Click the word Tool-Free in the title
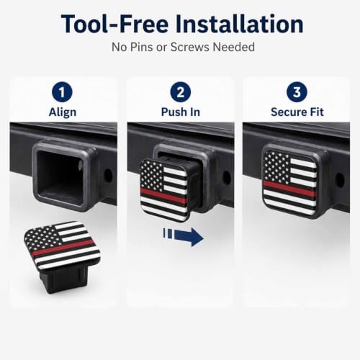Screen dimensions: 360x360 (114, 24)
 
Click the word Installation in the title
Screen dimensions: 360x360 (239, 24)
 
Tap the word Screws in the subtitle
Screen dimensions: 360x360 (190, 47)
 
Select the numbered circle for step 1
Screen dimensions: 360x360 (62, 92)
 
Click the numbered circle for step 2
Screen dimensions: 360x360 (181, 92)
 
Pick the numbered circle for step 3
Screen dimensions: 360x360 (297, 92)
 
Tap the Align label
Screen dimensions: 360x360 (63, 112)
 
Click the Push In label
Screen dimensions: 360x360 (181, 112)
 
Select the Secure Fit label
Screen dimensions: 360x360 (297, 112)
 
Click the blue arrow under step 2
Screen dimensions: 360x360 (184, 237)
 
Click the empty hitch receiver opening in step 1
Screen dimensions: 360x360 (60, 177)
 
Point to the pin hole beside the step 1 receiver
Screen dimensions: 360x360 (108, 176)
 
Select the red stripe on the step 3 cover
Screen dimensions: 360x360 (290, 188)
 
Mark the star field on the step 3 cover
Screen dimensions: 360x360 (276, 166)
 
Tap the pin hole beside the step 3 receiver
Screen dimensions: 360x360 (340, 180)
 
